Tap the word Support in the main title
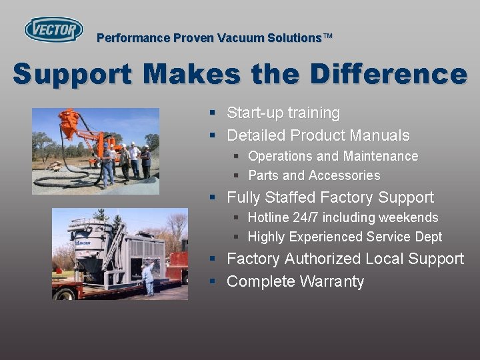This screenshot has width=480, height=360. [x=72, y=74]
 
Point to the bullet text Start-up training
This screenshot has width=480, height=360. [x=283, y=113]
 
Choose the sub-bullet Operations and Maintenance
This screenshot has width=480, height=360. [x=333, y=156]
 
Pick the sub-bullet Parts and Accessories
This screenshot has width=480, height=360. [x=314, y=175]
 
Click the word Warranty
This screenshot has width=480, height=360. [x=332, y=281]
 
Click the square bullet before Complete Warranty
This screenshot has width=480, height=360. [x=212, y=281]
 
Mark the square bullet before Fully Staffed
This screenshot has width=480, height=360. [x=212, y=197]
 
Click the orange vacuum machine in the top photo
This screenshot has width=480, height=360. [x=69, y=127]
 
